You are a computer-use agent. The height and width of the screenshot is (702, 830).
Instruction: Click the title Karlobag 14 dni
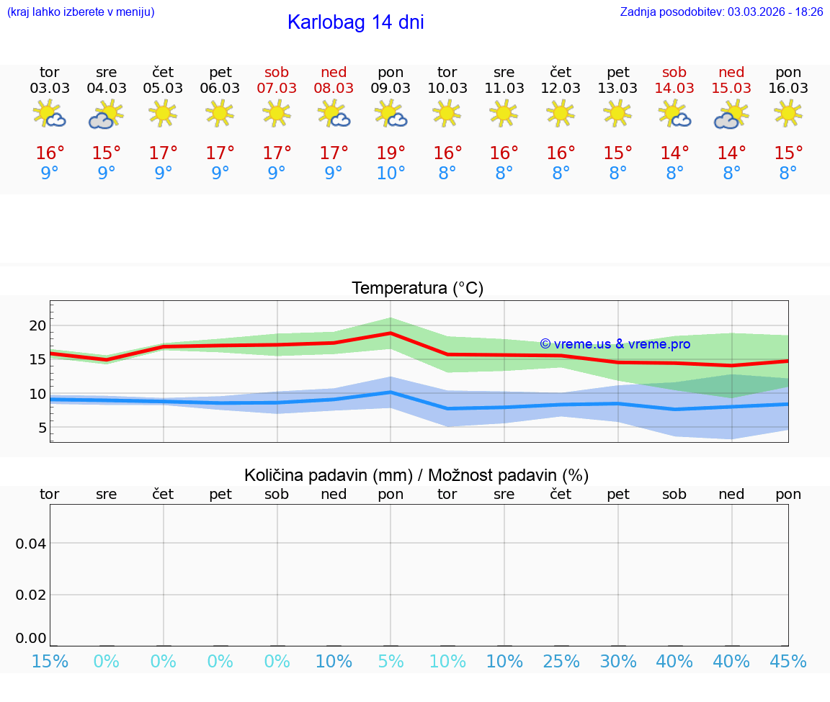tap(355, 22)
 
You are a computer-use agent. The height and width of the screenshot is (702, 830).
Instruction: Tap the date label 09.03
tap(391, 89)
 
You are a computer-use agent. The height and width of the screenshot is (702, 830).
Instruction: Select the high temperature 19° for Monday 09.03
tap(391, 153)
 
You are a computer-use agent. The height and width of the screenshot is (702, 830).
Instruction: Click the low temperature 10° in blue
tap(391, 174)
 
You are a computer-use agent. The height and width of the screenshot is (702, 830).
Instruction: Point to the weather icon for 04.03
tap(106, 114)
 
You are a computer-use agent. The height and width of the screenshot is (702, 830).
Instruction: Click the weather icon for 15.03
tap(731, 114)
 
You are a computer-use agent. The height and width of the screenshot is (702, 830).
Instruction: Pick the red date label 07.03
tap(277, 89)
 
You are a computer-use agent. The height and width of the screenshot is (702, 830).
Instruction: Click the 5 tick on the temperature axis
tap(42, 428)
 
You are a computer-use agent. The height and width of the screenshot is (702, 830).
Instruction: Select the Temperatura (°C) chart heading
tap(417, 289)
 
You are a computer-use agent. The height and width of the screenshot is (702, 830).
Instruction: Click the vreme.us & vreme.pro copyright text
tap(615, 344)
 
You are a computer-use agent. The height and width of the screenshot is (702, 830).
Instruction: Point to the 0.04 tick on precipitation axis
tap(31, 544)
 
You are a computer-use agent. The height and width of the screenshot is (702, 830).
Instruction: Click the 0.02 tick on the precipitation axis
tap(31, 595)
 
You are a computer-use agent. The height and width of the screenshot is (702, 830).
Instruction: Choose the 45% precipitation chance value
tap(788, 662)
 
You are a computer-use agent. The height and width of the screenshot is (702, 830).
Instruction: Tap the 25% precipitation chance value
tap(561, 662)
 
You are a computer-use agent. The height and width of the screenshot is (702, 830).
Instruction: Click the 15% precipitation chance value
tap(50, 662)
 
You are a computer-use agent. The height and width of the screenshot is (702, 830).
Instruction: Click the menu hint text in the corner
tap(81, 12)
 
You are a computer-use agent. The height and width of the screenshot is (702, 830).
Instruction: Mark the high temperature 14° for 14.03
tap(674, 153)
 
